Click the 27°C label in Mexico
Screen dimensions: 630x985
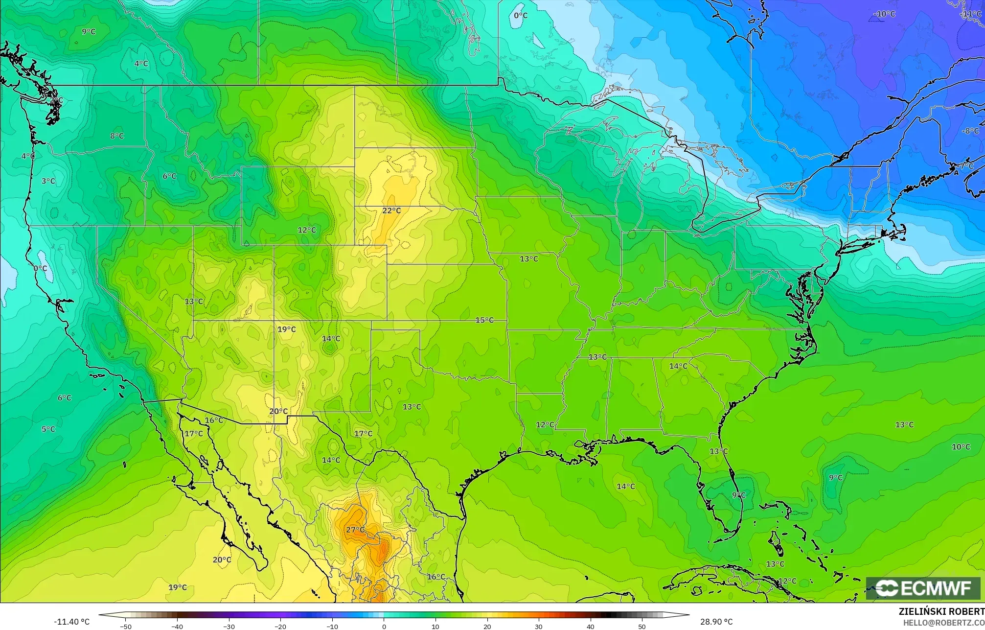click(x=355, y=530)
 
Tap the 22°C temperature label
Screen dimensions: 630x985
click(x=391, y=210)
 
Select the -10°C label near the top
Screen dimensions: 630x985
click(x=884, y=14)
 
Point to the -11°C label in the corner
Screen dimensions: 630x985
click(x=971, y=14)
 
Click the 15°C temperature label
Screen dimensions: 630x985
click(x=484, y=320)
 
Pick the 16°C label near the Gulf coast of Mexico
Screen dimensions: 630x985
click(x=436, y=577)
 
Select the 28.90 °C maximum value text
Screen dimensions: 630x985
click(x=716, y=622)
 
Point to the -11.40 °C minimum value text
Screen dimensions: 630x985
click(x=72, y=622)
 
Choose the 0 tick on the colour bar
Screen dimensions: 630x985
click(x=384, y=626)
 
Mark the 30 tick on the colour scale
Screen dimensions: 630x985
click(x=539, y=626)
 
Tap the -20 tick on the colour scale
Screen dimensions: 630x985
click(x=280, y=626)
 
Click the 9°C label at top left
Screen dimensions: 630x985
click(x=89, y=32)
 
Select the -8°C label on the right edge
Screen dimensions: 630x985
click(x=970, y=131)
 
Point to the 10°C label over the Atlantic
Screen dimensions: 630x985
click(x=961, y=447)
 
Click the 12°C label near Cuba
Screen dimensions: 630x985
click(x=787, y=581)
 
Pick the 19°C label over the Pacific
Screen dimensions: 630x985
click(x=178, y=587)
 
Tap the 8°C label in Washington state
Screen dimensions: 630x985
click(x=116, y=136)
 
